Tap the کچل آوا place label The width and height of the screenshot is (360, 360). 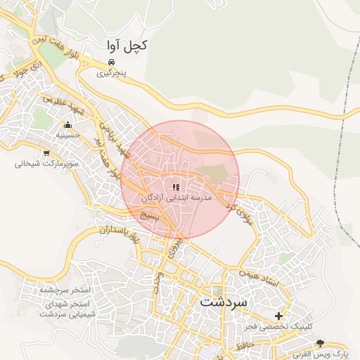127,46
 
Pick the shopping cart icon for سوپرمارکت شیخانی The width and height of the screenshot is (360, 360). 46,153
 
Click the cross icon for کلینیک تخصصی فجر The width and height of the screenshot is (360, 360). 279,316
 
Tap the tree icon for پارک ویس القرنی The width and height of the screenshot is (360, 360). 321,342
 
